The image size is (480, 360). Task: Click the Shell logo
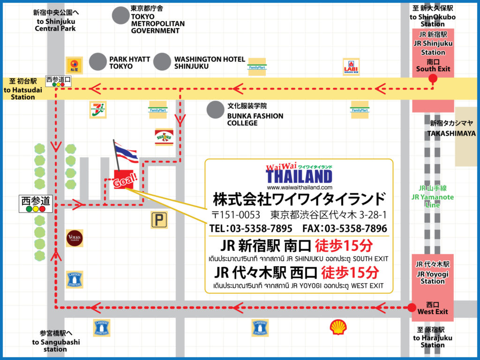338,327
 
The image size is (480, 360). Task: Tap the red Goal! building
124,180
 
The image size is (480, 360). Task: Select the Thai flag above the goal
126,153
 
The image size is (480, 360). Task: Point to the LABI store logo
351,67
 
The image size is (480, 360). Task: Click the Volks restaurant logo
75,238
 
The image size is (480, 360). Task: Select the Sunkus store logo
164,137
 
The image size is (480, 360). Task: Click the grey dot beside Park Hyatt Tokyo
98,62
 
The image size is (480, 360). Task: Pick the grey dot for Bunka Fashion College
215,110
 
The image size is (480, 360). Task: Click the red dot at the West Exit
412,308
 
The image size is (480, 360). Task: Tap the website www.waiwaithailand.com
299,187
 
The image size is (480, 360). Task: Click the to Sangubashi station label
56,345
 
